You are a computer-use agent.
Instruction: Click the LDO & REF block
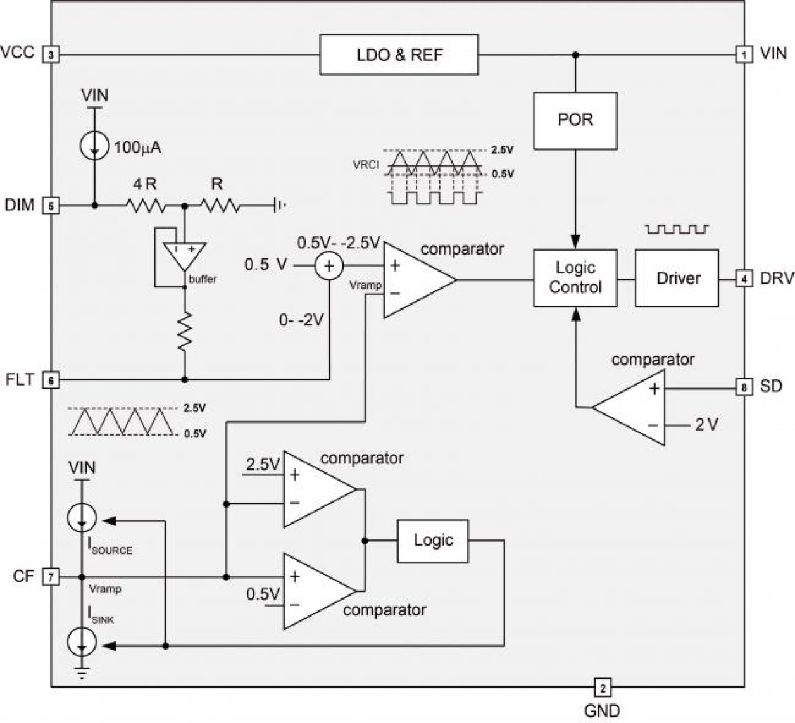tap(399, 55)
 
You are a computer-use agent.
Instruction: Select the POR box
tap(575, 120)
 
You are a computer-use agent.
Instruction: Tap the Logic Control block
tap(575, 278)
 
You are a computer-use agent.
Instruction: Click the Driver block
tap(677, 278)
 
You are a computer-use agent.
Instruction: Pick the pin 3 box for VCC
tap(51, 55)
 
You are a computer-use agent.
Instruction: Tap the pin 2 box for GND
tap(602, 687)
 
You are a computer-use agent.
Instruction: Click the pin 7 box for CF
tap(51, 577)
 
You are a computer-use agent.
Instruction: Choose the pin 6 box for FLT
tap(51, 380)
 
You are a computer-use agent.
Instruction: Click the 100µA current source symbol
tap(94, 147)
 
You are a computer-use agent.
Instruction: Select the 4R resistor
tap(145, 205)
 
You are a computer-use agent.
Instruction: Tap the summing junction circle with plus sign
tap(329, 266)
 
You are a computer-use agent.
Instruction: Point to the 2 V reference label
tap(706, 425)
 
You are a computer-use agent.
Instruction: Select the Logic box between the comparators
tap(433, 541)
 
